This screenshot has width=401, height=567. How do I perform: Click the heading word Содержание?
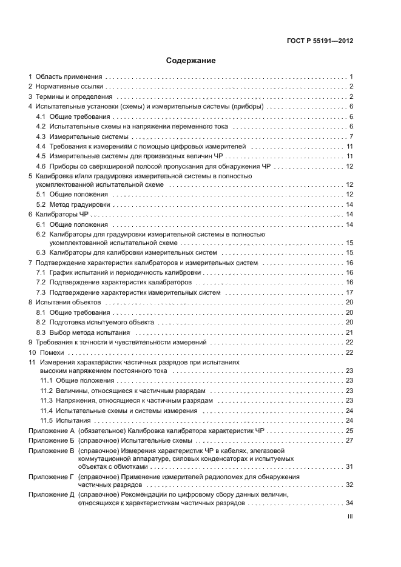tap(190, 61)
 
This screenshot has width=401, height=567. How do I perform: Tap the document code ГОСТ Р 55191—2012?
tap(320, 41)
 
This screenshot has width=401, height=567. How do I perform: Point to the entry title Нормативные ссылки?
tap(69, 87)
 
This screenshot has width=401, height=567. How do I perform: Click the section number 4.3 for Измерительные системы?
tap(41, 136)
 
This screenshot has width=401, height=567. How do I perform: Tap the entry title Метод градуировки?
tap(75, 205)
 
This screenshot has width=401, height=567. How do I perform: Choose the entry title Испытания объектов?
tap(68, 302)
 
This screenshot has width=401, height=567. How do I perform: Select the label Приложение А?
tap(51, 431)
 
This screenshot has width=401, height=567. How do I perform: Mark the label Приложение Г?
tap(51, 477)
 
